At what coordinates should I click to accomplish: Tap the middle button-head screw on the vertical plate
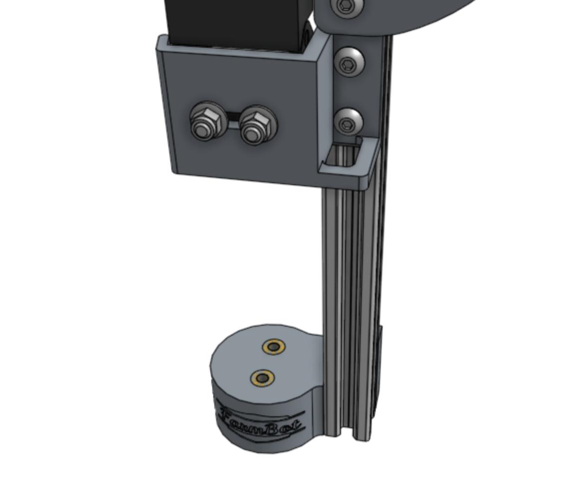pos(349,62)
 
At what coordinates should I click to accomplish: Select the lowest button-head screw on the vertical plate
pos(347,122)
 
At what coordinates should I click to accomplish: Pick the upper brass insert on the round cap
pos(274,347)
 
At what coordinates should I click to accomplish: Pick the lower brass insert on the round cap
pos(262,378)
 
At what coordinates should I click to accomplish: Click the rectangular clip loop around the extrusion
pos(349,164)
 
